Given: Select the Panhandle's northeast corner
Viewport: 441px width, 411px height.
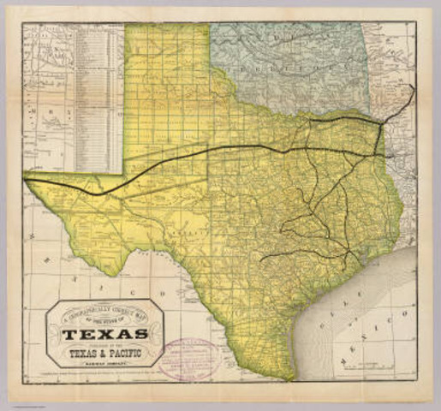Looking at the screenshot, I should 210,25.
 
